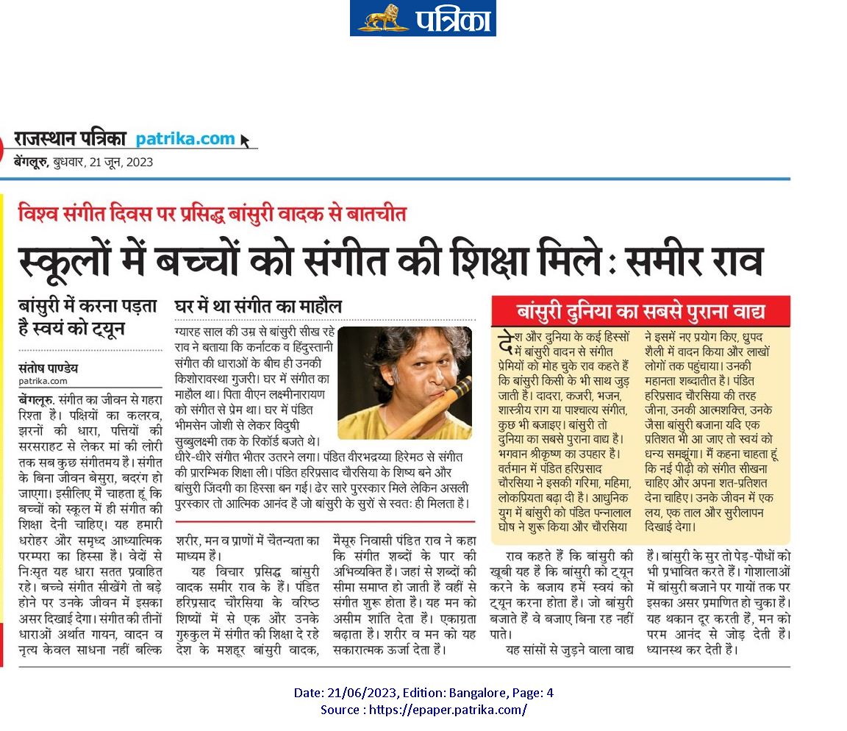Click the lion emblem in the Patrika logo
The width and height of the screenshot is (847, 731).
point(382,18)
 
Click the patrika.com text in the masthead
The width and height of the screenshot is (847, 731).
point(185,138)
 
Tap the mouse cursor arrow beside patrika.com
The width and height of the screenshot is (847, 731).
point(245,140)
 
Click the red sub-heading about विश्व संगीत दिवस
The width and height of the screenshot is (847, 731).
point(212,215)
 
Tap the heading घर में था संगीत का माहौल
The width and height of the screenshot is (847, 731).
point(257,306)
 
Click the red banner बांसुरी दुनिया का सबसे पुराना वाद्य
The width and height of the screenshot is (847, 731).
point(640,312)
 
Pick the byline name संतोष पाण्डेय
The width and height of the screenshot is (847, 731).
point(48,368)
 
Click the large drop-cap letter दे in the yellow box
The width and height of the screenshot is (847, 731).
point(505,343)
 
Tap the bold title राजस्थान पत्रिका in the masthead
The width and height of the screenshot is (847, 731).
point(70,138)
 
